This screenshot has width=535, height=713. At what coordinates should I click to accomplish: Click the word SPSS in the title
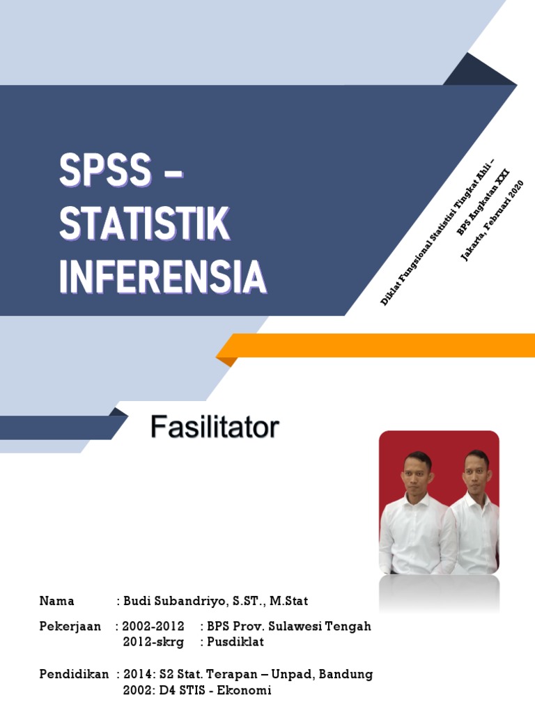105,169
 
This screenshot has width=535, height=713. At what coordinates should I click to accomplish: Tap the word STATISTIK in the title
145,223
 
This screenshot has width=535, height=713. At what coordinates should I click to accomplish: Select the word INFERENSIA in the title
163,276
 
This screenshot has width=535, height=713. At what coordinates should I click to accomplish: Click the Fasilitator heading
215,428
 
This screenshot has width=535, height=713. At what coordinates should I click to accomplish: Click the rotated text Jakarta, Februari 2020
493,221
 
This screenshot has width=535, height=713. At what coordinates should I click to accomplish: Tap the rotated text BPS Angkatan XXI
483,202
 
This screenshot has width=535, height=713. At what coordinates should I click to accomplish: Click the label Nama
56,601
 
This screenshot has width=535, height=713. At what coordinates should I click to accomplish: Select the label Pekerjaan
70,627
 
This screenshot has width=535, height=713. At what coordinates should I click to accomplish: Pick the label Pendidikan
74,674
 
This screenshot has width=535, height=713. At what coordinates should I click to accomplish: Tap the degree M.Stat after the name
289,601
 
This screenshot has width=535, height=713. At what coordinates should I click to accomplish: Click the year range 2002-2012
153,626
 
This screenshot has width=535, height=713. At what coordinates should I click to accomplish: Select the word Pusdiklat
235,641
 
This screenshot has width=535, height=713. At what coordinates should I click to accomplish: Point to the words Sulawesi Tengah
320,627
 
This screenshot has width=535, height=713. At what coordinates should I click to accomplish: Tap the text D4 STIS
182,690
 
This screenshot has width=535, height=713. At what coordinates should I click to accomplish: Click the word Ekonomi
245,690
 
